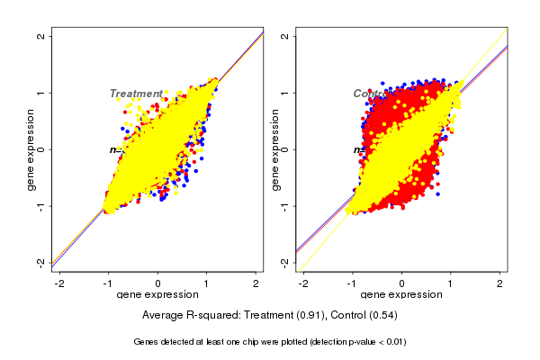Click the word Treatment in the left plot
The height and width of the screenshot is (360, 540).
click(136, 94)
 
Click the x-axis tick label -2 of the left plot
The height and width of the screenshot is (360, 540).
click(58, 283)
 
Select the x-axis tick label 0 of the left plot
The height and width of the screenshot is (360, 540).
click(158, 283)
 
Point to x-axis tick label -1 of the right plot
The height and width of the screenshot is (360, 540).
click(351, 283)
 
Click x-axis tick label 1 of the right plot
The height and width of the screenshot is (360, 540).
click(452, 283)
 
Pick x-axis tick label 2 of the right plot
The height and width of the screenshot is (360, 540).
click(500, 283)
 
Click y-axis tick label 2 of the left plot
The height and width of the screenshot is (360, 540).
click(40, 36)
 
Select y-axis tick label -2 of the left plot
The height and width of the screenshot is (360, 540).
click(40, 262)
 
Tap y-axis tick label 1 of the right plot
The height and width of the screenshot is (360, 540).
click(285, 93)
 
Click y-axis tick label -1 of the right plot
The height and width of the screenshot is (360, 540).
click(285, 206)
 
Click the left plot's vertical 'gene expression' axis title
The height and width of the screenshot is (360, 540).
click(31, 149)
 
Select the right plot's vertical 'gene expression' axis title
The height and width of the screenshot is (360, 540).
click(275, 149)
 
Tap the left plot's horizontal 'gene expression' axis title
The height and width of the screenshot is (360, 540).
click(157, 294)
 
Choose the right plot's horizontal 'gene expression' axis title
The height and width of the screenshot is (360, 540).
click(402, 294)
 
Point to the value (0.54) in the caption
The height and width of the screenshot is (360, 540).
click(382, 316)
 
